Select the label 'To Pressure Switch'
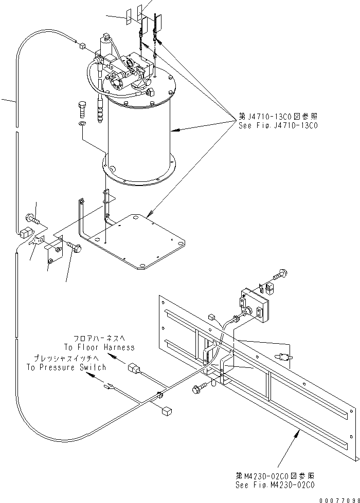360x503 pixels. pyautogui.click(x=67, y=367)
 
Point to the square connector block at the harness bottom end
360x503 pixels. pyautogui.click(x=166, y=411)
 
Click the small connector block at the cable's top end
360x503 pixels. pyautogui.click(x=81, y=47)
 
